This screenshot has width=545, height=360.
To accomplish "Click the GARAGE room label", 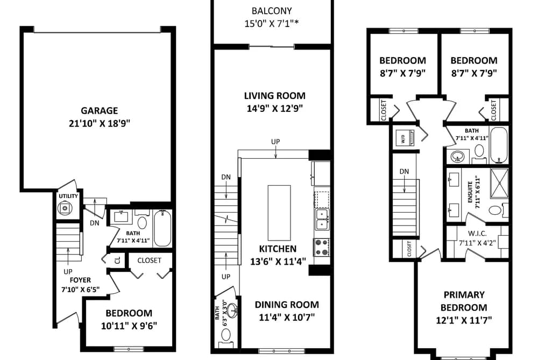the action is coord(100,111).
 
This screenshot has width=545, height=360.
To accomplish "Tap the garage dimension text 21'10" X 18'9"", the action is coord(100,123).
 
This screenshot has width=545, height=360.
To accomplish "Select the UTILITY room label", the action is coord(68,196).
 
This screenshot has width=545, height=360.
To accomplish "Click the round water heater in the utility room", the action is coord(65,208).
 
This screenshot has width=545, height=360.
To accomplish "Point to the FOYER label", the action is coord(80,280).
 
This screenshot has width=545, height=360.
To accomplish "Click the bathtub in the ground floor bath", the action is coord(162,228).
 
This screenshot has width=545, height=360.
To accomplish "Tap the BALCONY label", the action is coord(272,11).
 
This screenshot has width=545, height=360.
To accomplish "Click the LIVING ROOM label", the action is coord(274,96).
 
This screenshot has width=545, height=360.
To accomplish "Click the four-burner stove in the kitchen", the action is coord(322,247).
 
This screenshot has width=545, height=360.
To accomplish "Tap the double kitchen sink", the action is coord(322,219).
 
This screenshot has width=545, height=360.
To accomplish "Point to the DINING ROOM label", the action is coord(287,305).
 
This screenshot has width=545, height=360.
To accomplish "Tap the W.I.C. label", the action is coord(477,234).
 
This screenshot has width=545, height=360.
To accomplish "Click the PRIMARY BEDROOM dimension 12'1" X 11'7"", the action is coord(464,320).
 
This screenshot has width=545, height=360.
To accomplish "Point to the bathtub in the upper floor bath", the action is coord(499,145).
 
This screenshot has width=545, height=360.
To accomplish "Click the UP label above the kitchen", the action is coord(275,142).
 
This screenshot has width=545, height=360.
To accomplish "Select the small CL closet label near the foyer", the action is coord(118,260).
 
